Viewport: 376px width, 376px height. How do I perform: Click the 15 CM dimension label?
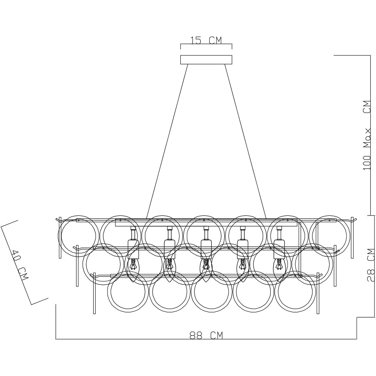coord(206,40)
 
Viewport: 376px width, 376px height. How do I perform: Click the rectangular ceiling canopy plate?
coord(206,60)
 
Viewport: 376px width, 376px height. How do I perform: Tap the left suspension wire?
coord(167,141)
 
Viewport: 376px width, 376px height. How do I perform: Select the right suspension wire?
coord(246,141)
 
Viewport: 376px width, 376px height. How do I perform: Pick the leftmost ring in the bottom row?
coord(108,292)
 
